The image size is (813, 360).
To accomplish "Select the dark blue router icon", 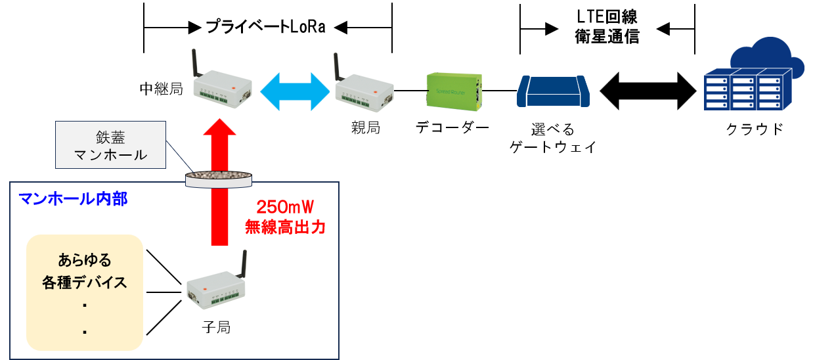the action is pos(553,91).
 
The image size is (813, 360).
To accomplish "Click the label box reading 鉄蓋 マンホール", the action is pos(110,145).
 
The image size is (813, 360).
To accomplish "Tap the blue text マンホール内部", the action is pos(74,198).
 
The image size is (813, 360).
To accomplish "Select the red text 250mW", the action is pos(285,208).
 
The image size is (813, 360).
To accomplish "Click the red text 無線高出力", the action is pos(285,227).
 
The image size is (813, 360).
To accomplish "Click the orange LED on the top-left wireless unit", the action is pos(234,87).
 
